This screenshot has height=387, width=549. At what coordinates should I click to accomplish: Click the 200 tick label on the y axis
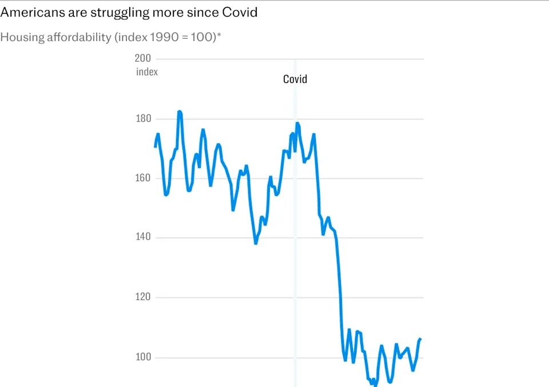click(x=142, y=58)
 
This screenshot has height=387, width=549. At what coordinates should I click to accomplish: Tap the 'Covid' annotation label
click(x=295, y=79)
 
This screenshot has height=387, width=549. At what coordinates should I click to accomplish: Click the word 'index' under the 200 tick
click(x=147, y=72)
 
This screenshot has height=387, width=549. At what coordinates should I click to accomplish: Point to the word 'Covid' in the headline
click(x=239, y=13)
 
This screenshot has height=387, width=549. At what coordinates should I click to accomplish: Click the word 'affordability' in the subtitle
click(x=79, y=38)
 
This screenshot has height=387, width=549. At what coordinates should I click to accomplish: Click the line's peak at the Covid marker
click(x=297, y=123)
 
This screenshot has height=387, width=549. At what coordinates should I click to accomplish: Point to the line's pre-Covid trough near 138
click(x=256, y=243)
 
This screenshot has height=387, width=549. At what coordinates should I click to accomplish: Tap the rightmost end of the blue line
click(x=421, y=339)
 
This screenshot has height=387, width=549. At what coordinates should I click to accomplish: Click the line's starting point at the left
click(x=155, y=147)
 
